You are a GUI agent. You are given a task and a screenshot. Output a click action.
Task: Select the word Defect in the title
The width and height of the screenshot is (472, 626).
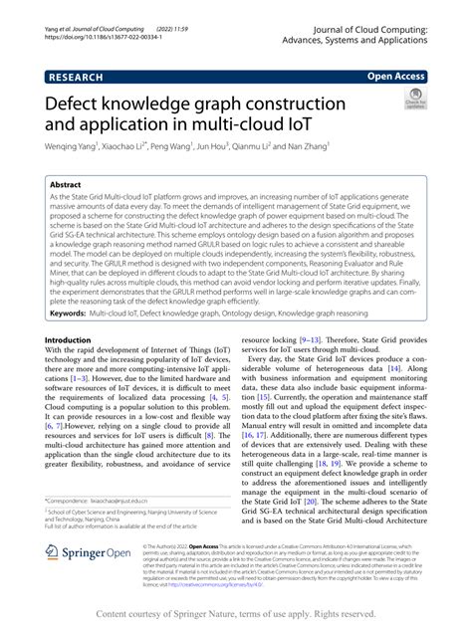click(x=78, y=104)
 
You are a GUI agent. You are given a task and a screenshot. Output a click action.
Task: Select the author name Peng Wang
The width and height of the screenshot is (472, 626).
click(x=175, y=143)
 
